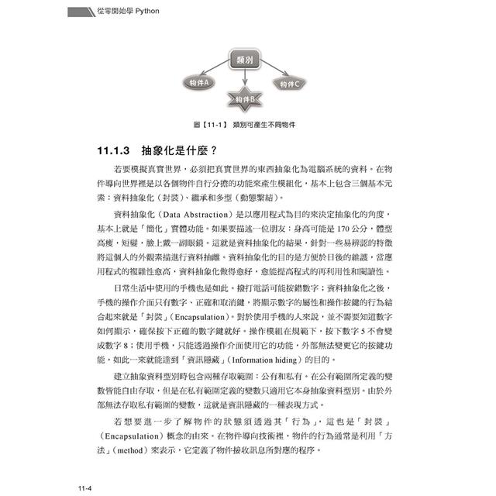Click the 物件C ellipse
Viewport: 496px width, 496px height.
(x=290, y=83)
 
